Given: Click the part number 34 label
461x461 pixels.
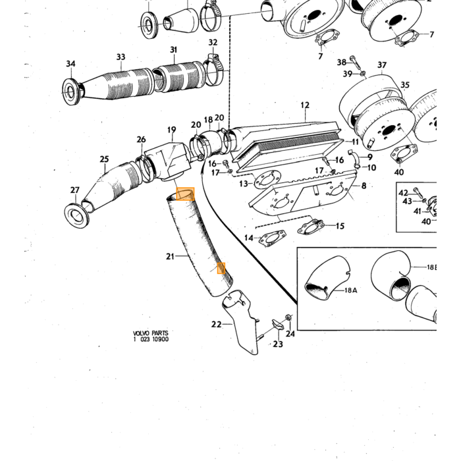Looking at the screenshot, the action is pyautogui.click(x=70, y=64).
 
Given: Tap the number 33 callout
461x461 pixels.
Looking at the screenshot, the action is pyautogui.click(x=121, y=57).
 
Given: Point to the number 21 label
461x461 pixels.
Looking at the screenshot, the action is pyautogui.click(x=170, y=257).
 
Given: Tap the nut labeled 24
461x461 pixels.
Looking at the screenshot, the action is pyautogui.click(x=288, y=317).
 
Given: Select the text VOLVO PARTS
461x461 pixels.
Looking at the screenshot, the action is pyautogui.click(x=151, y=333).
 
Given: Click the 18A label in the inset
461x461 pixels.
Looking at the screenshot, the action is pyautogui.click(x=351, y=290).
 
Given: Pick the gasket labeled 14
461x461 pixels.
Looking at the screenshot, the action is pyautogui.click(x=273, y=238).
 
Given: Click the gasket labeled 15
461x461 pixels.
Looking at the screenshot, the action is pyautogui.click(x=310, y=227).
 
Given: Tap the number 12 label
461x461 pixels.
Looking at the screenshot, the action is pyautogui.click(x=305, y=105).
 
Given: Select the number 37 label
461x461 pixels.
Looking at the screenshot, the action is pyautogui.click(x=382, y=65).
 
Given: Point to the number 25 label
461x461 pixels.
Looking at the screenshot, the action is pyautogui.click(x=104, y=159).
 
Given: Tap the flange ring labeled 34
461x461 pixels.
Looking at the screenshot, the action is pyautogui.click(x=71, y=91).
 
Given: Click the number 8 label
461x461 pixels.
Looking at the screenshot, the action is pyautogui.click(x=364, y=186).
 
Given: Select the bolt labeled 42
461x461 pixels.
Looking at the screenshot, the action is pyautogui.click(x=418, y=192).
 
